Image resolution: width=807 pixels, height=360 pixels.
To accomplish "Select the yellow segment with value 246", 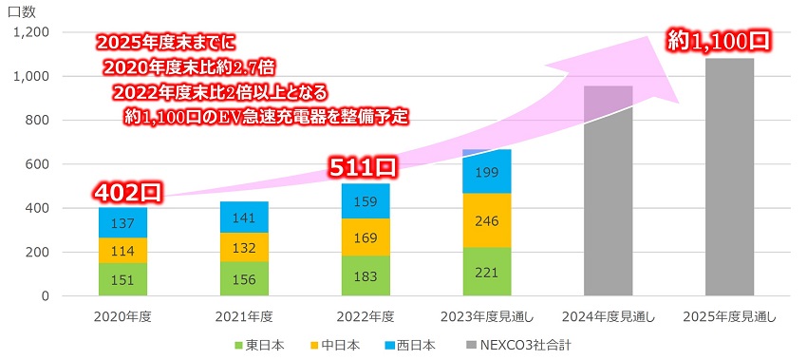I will [x=486, y=220].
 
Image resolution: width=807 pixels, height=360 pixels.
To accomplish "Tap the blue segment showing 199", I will [x=486, y=172].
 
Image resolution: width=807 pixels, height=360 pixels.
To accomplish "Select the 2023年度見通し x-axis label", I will [x=486, y=315].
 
